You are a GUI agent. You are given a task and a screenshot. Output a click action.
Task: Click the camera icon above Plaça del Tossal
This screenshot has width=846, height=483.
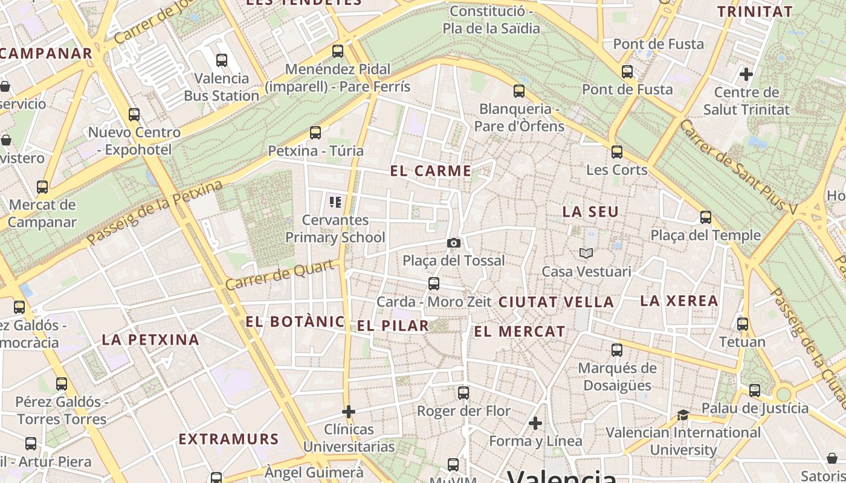(x=453, y=243)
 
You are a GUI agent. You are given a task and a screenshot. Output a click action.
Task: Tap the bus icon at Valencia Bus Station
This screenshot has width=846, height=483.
(x=221, y=60)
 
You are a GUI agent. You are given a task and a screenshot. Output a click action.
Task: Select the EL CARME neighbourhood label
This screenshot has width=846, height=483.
(x=430, y=171)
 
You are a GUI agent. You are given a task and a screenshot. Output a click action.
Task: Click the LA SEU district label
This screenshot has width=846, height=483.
(x=590, y=212)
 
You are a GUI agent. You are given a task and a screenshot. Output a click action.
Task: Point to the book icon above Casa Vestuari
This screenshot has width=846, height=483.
(x=586, y=253)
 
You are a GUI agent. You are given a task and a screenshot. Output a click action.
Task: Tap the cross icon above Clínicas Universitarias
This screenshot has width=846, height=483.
(x=348, y=412)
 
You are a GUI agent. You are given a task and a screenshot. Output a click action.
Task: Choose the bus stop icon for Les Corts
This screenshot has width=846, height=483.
(x=616, y=152)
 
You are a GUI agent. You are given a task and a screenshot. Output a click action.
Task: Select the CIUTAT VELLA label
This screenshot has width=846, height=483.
(x=555, y=302)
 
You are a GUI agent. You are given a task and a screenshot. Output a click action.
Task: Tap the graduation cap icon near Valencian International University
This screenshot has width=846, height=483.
(x=683, y=415)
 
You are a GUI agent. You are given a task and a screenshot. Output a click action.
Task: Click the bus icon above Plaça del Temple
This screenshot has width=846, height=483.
(x=705, y=217)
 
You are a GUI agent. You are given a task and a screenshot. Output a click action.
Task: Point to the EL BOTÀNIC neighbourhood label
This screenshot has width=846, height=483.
(x=294, y=322)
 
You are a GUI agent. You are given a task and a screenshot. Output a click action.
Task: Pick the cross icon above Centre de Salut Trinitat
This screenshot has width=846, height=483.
(x=746, y=74)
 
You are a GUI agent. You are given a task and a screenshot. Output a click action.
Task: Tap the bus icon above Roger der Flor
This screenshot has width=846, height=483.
(x=463, y=393)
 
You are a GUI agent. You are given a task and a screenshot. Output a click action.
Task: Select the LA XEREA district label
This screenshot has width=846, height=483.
(x=679, y=301)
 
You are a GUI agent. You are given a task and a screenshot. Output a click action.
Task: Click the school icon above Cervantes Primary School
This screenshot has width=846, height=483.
(x=335, y=202)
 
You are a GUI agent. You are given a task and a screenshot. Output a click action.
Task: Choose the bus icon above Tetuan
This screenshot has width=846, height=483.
(x=742, y=324)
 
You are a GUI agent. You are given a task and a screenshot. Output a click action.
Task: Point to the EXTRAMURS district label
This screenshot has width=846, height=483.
(x=228, y=439)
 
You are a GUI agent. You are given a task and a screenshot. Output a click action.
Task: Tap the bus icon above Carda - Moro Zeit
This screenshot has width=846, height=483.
(x=433, y=284)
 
